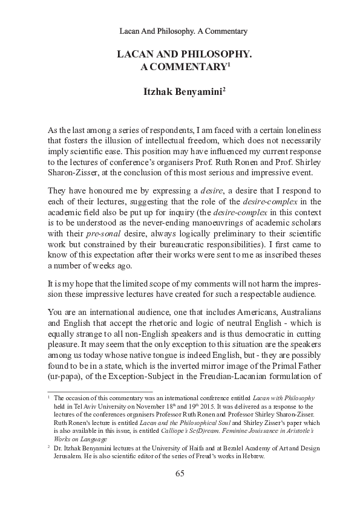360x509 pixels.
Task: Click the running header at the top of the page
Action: click(x=180, y=30)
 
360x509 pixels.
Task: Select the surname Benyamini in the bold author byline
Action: click(x=197, y=92)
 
